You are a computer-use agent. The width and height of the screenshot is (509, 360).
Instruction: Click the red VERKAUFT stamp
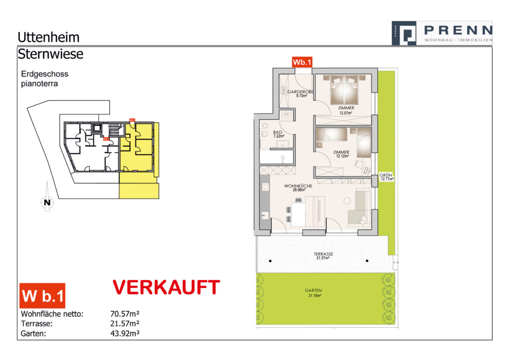click(166, 288)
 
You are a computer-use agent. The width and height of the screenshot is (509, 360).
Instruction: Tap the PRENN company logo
click(441, 34)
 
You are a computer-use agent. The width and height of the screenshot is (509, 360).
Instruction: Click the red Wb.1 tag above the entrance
click(302, 63)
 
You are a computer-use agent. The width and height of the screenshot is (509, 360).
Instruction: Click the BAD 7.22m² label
click(279, 135)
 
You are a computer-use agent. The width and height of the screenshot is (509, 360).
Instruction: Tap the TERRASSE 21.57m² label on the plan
click(323, 256)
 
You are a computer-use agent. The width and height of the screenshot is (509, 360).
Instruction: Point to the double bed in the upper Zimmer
click(343, 89)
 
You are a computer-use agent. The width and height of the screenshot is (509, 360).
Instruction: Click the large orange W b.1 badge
click(42, 296)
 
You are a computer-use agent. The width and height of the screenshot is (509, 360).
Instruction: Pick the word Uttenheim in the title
click(48, 37)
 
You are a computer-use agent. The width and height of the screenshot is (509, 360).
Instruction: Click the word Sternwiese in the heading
click(50, 54)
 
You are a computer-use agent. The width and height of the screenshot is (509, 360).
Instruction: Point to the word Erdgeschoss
click(45, 74)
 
